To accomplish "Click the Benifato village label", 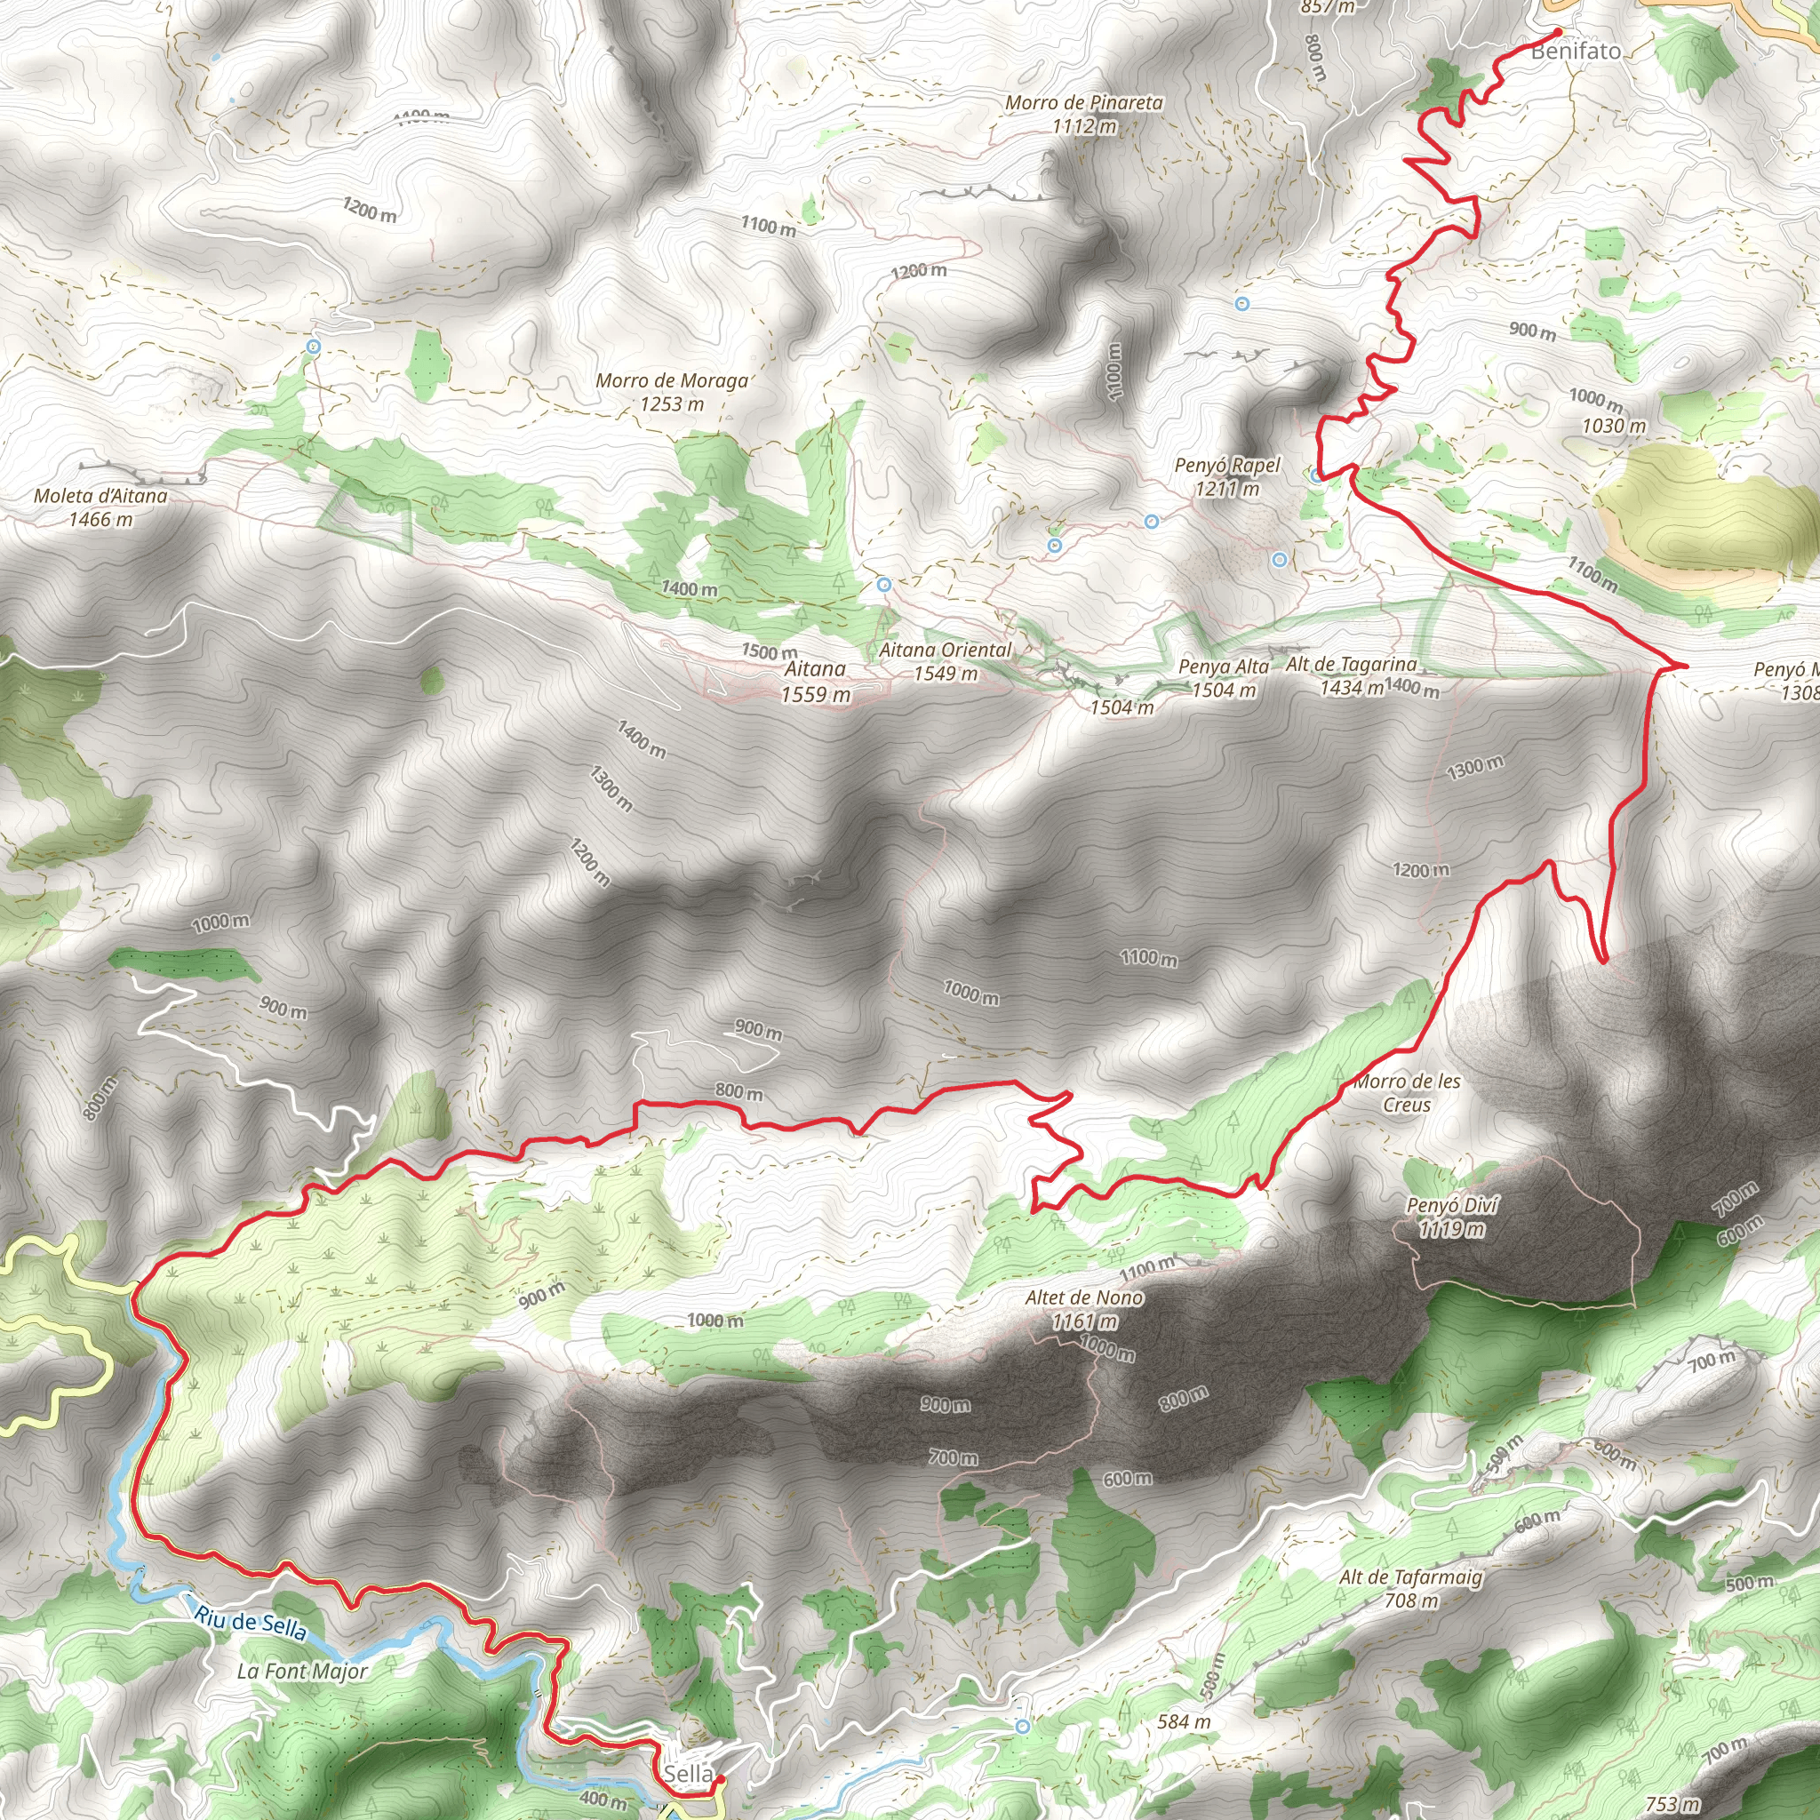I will point(1576,51).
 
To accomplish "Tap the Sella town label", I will point(688,1774).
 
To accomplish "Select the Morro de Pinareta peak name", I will point(1084,103).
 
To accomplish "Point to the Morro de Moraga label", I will point(672,381).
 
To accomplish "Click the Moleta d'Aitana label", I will point(100,497).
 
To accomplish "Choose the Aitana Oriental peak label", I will point(945,651).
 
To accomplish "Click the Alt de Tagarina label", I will point(1351,665).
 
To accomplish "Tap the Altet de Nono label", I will point(1084,1298).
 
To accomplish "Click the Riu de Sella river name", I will point(251,1623).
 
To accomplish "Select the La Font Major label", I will point(302,1672).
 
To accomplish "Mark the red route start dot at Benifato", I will point(1558,32).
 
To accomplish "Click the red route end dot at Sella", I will point(719,1779).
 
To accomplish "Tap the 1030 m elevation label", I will point(1614,426).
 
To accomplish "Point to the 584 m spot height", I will point(1184,1722).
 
